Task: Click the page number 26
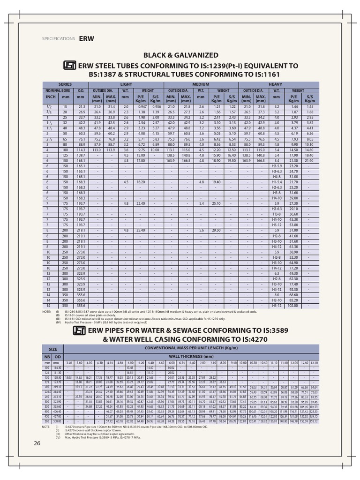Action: [x=37, y=444]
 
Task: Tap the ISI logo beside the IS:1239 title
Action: [x=70, y=66]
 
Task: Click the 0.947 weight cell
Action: [x=142, y=107]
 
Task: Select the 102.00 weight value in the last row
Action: [x=293, y=306]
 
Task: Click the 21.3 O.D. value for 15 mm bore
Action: [x=81, y=107]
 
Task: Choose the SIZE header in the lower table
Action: [x=53, y=349]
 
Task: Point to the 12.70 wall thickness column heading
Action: [x=314, y=362]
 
